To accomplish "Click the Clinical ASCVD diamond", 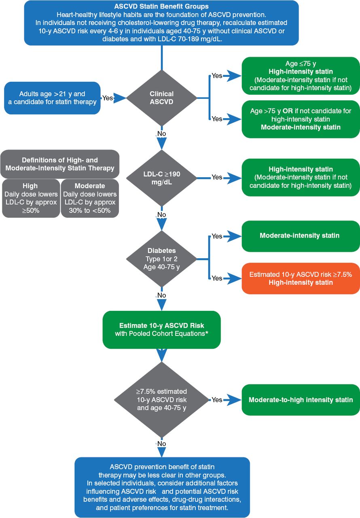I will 161,98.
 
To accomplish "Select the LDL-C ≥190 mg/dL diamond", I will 161,177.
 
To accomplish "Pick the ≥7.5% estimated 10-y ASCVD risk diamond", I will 161,399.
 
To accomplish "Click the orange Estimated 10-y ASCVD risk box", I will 301,278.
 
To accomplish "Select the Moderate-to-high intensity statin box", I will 301,399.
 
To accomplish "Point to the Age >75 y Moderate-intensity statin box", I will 301,119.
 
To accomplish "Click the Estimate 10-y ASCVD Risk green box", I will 161,330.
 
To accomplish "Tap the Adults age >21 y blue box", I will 52,98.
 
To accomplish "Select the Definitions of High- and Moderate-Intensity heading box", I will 59,164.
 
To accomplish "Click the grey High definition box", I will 30,198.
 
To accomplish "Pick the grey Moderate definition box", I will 90,198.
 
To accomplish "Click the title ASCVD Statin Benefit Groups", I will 161,6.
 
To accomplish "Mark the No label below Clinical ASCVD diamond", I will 161,134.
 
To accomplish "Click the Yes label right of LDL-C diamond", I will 217,177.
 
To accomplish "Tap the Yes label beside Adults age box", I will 108,98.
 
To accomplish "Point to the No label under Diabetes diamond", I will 161,295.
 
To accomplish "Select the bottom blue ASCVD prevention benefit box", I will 161,487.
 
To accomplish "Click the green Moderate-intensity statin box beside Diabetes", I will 301,236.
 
